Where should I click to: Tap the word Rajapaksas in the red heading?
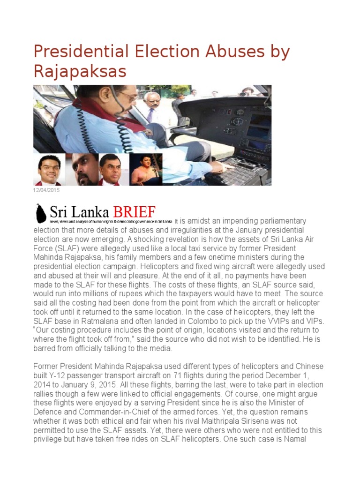point(80,71)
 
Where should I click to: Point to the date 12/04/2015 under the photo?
point(46,190)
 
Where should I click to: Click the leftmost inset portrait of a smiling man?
point(49,170)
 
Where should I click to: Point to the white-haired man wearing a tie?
point(151,106)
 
